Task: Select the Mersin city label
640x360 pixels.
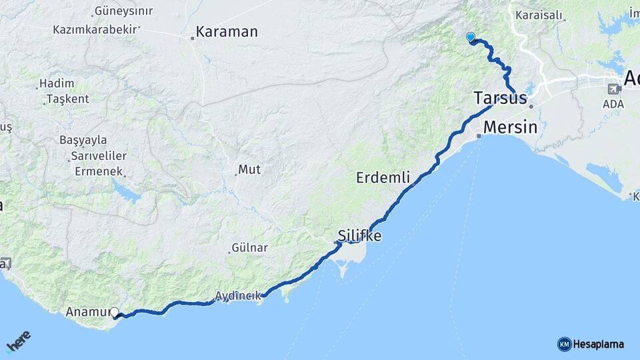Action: point(510,127)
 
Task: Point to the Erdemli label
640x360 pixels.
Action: point(383,178)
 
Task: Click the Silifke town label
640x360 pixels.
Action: point(359,236)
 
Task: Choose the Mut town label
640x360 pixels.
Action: point(249,169)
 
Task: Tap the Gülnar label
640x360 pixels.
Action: point(249,248)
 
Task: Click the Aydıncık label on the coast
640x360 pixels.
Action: point(237,296)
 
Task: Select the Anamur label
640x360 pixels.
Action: point(88,311)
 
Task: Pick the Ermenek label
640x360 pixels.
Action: point(98,171)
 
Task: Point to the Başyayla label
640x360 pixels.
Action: point(83,141)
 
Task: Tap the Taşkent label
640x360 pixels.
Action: point(67,99)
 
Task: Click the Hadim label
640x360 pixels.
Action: point(56,83)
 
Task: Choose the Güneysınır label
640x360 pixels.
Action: point(124,11)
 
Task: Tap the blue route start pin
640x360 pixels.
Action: point(471,37)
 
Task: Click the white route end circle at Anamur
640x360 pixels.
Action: point(115,312)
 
